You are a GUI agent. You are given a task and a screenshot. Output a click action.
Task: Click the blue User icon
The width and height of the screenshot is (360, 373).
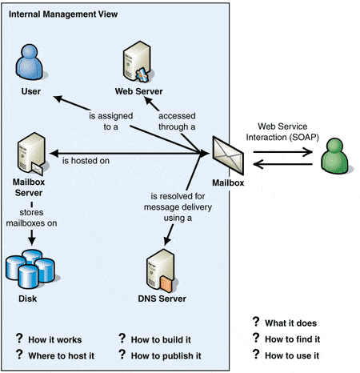coord(30,62)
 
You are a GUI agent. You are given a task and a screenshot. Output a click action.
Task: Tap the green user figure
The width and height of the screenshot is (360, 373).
coord(335,156)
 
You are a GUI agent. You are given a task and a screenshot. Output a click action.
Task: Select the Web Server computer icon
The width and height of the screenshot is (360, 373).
coord(137,62)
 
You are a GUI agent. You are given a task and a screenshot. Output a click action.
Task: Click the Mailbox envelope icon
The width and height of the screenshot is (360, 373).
coord(228,155)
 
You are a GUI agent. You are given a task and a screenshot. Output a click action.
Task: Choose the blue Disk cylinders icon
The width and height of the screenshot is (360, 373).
coord(30,269)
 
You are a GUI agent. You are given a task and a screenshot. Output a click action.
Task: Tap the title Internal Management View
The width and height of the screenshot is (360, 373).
coord(63,14)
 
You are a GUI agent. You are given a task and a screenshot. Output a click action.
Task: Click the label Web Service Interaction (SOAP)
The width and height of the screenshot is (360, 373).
coord(282,131)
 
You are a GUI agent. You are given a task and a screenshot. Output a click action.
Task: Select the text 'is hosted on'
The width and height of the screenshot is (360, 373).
coord(86,161)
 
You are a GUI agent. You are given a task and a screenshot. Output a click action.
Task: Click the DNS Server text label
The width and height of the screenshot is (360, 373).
coord(162,299)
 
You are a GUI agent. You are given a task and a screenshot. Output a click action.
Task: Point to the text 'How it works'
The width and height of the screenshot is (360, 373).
coord(55,339)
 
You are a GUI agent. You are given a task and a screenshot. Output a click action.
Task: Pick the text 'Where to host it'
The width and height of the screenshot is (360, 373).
coord(62,355)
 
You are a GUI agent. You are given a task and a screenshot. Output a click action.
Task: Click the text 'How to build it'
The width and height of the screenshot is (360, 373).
coord(161,339)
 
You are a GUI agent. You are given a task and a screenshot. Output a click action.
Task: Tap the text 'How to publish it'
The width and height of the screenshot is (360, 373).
coord(166,356)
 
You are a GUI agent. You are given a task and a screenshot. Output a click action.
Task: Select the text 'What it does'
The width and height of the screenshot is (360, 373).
coord(290,323)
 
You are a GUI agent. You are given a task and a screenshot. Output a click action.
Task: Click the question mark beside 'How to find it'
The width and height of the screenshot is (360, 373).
coord(256,338)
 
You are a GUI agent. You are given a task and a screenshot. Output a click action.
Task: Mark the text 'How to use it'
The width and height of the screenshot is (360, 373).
coord(292,355)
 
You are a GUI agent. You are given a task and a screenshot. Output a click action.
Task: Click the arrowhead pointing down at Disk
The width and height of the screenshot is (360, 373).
coord(32,241)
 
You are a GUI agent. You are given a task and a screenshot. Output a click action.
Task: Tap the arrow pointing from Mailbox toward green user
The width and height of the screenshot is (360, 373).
coord(283,152)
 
